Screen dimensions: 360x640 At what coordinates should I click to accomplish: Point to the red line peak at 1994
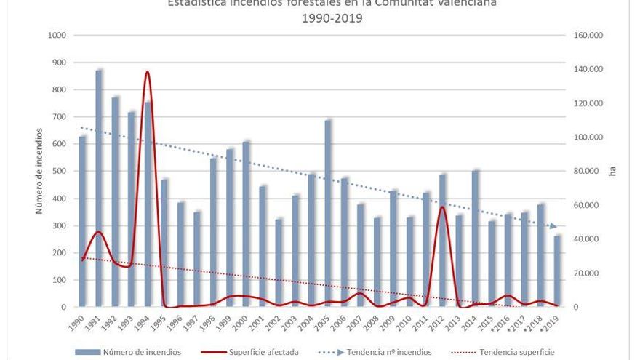(x=148, y=72)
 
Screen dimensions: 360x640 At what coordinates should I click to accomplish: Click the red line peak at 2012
(x=442, y=207)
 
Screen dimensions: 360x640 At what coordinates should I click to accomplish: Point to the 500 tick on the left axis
(x=59, y=172)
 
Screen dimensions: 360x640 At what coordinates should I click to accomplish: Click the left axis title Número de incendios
(x=41, y=171)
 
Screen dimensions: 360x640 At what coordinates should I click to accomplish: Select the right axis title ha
(x=612, y=172)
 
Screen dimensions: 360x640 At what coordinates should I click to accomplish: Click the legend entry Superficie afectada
(x=263, y=352)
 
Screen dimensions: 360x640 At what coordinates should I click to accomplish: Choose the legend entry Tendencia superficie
(x=517, y=352)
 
